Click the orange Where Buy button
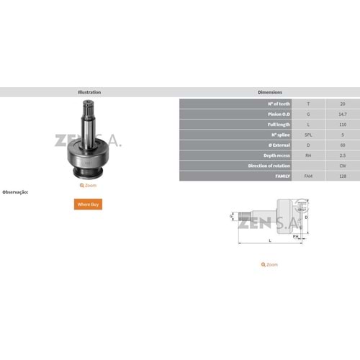click(89, 204)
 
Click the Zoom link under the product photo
click(89, 185)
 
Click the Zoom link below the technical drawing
click(269, 264)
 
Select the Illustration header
click(89, 92)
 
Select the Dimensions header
click(269, 92)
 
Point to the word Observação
click(15, 192)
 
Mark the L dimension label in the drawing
click(270, 240)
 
